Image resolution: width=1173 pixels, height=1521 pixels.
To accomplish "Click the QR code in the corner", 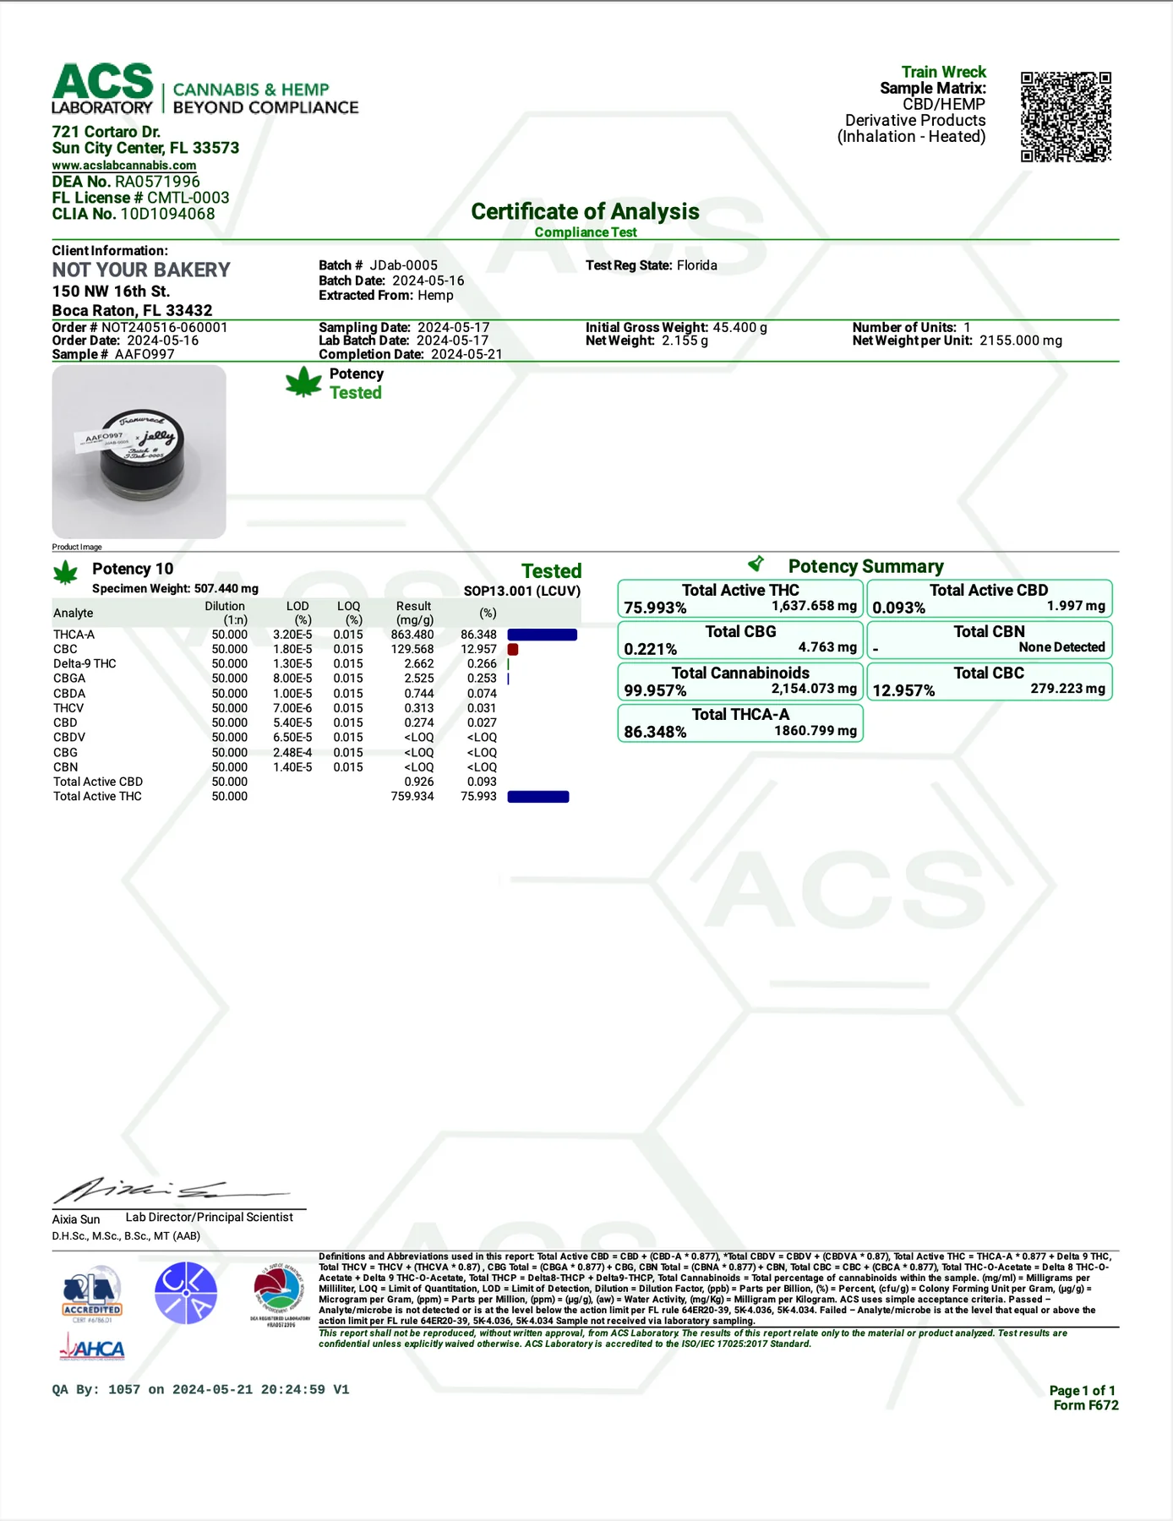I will pyautogui.click(x=1065, y=117).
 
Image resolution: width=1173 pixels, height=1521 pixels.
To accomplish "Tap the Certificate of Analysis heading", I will pyautogui.click(x=585, y=211).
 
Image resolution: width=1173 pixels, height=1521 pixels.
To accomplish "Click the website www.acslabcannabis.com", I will pyautogui.click(x=124, y=166).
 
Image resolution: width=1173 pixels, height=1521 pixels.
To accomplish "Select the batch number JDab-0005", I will pyautogui.click(x=404, y=265).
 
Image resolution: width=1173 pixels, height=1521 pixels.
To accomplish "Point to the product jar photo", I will pyautogui.click(x=139, y=451).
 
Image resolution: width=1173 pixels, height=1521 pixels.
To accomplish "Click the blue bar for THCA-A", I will pyautogui.click(x=542, y=635).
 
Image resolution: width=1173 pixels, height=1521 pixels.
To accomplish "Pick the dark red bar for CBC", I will pyautogui.click(x=513, y=649).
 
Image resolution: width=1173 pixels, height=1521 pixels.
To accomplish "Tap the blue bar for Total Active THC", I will pyautogui.click(x=538, y=796).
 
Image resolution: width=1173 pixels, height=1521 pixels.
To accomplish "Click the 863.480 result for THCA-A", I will pyautogui.click(x=412, y=635).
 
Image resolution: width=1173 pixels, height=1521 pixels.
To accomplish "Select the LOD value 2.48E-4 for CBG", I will pyautogui.click(x=292, y=752).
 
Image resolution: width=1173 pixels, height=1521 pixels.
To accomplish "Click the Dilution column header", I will pyautogui.click(x=225, y=613).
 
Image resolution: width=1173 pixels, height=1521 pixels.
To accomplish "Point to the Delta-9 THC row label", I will pyautogui.click(x=85, y=663).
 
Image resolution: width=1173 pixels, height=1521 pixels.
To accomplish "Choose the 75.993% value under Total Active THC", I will pyautogui.click(x=655, y=608).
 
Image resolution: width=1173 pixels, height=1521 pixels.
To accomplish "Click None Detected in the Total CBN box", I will pyautogui.click(x=1061, y=647).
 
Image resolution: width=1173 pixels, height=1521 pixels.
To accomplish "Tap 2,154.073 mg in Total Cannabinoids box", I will pyautogui.click(x=814, y=689).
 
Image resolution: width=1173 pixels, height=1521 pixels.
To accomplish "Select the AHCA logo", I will pyautogui.click(x=92, y=1348).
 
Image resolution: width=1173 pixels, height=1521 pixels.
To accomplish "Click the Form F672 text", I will pyautogui.click(x=1085, y=1405).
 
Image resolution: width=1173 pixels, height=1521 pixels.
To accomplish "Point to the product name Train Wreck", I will pyautogui.click(x=943, y=72).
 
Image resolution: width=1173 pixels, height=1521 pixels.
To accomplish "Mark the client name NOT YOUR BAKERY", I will pyautogui.click(x=141, y=270).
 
